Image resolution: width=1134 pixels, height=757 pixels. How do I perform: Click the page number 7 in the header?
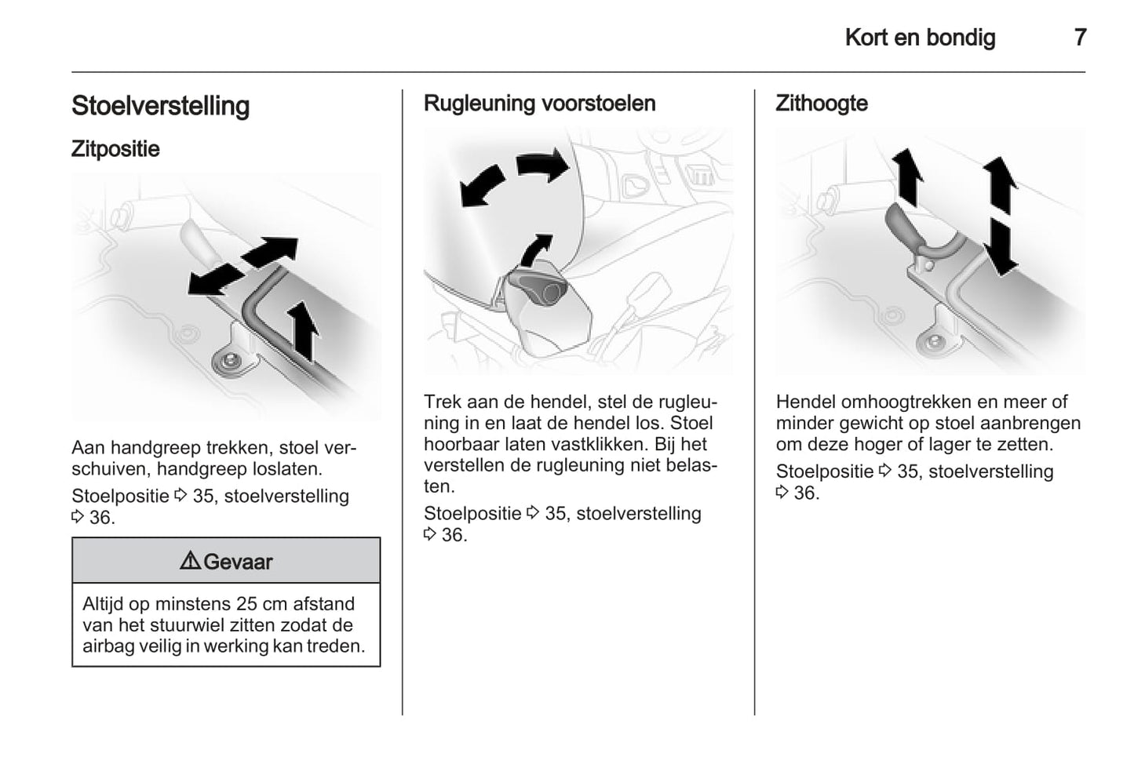(x=1080, y=37)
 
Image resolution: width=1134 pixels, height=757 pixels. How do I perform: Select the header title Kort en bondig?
(x=920, y=37)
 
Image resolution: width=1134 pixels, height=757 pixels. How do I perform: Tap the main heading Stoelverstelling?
(x=160, y=106)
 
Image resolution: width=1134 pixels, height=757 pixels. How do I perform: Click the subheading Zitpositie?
(x=115, y=149)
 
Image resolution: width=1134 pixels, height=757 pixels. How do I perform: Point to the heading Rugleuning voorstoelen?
(x=539, y=104)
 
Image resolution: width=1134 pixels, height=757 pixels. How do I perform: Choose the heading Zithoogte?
(x=822, y=104)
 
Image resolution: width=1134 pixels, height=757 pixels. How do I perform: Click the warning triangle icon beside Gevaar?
(x=189, y=561)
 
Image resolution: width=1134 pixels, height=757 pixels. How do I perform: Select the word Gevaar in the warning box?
(x=238, y=562)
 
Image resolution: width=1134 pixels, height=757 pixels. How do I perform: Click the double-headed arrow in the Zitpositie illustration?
(x=243, y=266)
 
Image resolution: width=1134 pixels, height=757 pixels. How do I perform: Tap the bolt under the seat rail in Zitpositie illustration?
(x=229, y=360)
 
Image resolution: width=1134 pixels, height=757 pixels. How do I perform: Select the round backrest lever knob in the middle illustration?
(x=548, y=293)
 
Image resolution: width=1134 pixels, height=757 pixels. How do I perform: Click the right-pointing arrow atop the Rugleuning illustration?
(x=543, y=165)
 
